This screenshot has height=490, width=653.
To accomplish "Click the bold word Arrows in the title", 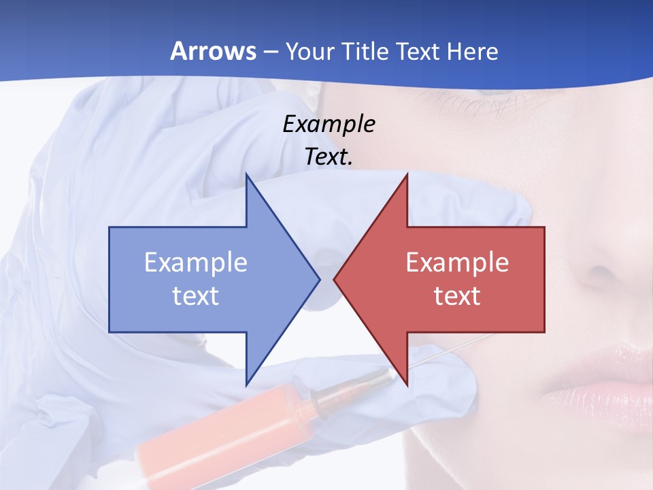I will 213,52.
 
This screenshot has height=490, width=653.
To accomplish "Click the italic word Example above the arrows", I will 329,125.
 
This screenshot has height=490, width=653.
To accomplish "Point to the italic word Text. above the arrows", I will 329,157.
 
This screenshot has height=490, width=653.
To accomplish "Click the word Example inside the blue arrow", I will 196,263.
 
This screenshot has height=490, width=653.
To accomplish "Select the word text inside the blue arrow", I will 196,296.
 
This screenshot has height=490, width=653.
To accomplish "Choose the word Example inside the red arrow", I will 457,263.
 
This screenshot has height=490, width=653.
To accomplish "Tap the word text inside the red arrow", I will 457,296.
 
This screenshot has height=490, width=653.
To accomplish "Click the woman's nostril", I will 599,276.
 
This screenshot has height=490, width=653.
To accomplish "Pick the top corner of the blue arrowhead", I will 246,174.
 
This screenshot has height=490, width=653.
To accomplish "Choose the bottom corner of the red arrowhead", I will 407,385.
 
